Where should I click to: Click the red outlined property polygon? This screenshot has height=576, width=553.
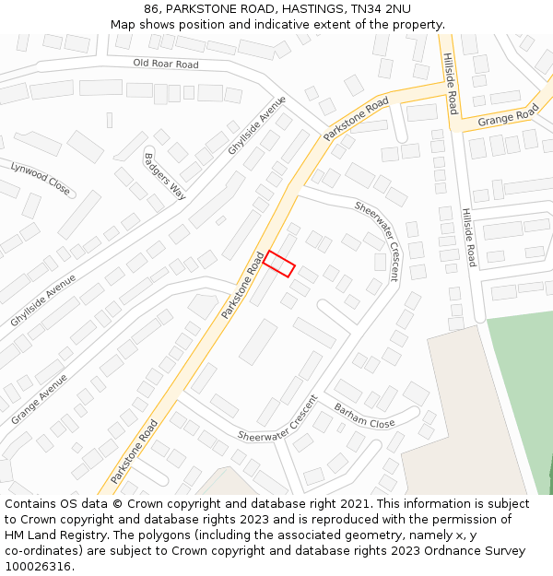(x=278, y=264)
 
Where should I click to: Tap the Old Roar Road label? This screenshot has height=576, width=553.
(x=166, y=64)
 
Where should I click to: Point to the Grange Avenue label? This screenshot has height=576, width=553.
(x=39, y=399)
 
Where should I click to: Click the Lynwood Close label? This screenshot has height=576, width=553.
(x=40, y=178)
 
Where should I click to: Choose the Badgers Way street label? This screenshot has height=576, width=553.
(x=165, y=175)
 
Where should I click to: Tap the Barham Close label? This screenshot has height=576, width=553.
(x=364, y=416)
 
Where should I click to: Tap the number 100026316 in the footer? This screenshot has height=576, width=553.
(x=38, y=567)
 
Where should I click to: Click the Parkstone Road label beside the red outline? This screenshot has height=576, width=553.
(x=242, y=286)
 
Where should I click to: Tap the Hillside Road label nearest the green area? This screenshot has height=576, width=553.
(x=469, y=237)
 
